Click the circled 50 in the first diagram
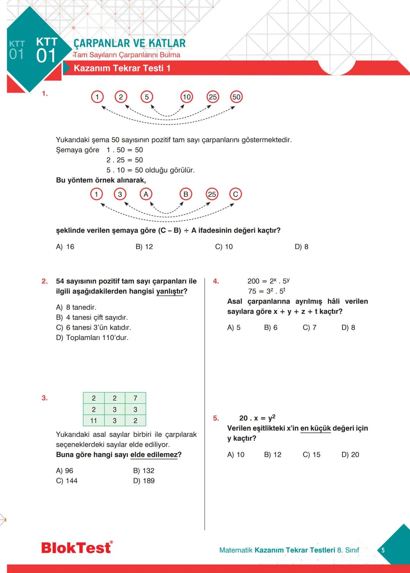[236, 97]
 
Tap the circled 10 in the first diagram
[186, 97]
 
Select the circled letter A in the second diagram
[146, 194]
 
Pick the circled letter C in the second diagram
[235, 194]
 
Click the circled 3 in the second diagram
[120, 194]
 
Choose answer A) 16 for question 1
[65, 247]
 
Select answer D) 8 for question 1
[301, 247]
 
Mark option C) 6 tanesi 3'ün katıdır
[93, 327]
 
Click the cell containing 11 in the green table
[93, 421]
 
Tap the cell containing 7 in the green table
[135, 398]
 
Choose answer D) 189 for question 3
[143, 481]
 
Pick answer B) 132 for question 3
[143, 470]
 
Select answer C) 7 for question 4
[309, 327]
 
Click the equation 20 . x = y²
[257, 418]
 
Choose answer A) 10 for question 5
[236, 455]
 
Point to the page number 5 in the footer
[383, 550]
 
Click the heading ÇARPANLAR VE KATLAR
[129, 43]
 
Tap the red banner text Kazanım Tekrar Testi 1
[122, 68]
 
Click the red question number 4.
[216, 281]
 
